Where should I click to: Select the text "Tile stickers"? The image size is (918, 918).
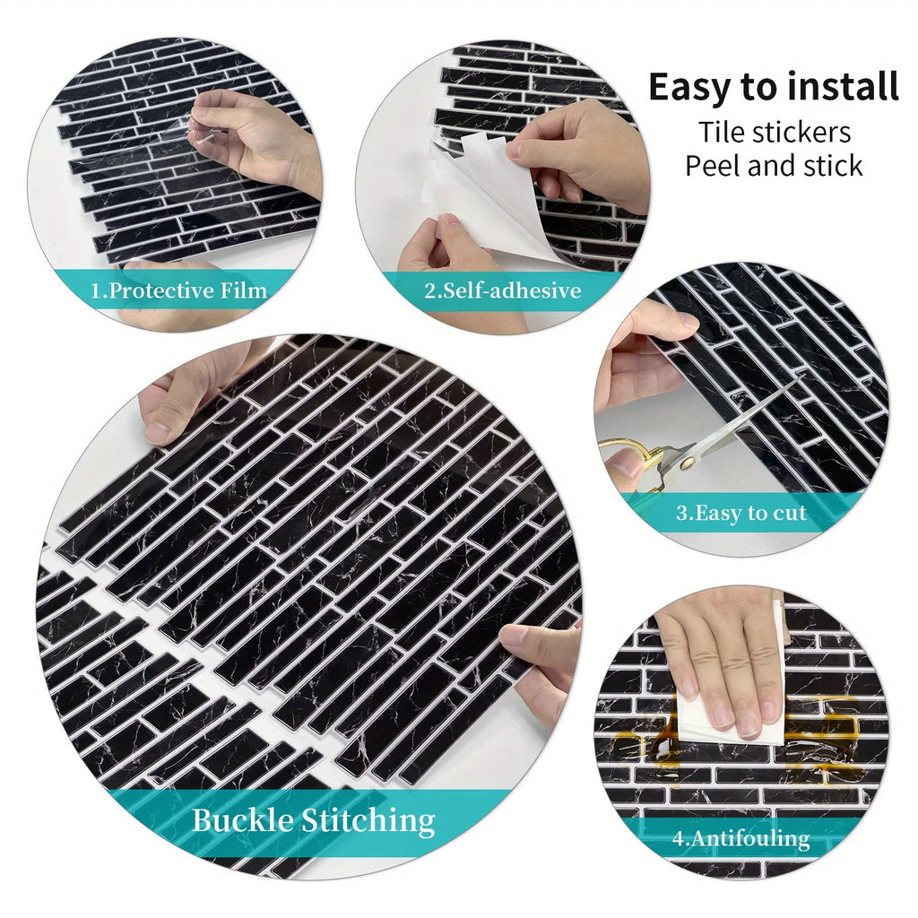click(774, 133)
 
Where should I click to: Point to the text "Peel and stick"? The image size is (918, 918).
click(774, 166)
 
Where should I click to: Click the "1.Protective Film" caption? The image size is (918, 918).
click(178, 290)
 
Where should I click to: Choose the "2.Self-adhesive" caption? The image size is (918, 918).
click(502, 290)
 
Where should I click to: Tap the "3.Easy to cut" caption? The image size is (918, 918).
click(741, 513)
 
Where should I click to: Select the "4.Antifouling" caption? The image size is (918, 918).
click(740, 838)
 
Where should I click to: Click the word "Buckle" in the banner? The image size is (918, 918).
click(242, 819)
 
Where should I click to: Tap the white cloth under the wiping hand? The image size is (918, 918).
click(732, 714)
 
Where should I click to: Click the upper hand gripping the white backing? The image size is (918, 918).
click(580, 155)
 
